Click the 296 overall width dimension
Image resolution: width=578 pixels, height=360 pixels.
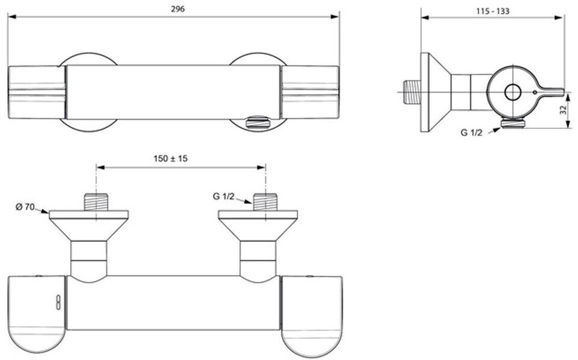(x=177, y=9)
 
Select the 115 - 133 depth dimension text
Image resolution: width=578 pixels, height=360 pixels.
(x=492, y=11)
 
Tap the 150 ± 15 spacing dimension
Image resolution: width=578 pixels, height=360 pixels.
(x=170, y=159)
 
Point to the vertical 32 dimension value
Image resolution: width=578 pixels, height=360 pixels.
(x=563, y=110)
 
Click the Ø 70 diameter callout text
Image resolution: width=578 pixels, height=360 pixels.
(x=25, y=207)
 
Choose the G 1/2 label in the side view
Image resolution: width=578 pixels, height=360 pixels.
(x=471, y=133)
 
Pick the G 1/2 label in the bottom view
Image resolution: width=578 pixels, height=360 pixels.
(x=223, y=197)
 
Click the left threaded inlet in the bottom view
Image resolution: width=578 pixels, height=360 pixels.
(x=96, y=202)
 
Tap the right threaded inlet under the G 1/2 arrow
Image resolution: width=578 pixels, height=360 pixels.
(x=265, y=202)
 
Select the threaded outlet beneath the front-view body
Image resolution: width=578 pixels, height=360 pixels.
(x=258, y=122)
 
